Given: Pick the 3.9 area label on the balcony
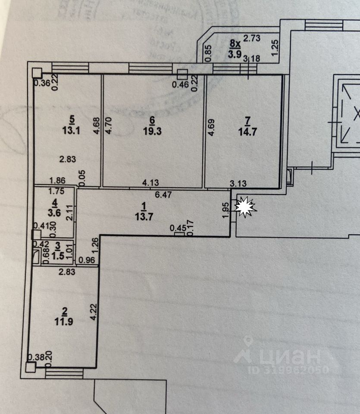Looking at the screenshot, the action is [x=235, y=54].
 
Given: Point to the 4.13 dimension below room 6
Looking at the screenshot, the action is [x=151, y=183].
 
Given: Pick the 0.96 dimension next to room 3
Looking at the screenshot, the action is [x=88, y=260].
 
